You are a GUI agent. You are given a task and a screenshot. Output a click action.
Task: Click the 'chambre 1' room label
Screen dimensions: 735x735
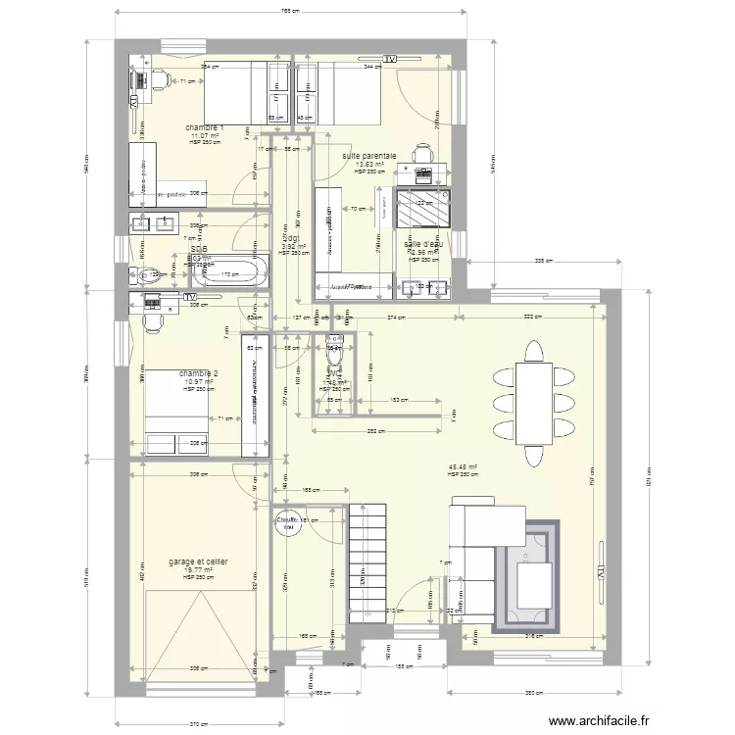tap(206, 128)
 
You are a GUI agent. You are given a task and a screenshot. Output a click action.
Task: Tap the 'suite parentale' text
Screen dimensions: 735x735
tap(368, 156)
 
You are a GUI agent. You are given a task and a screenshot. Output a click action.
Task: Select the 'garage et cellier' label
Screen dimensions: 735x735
tap(198, 562)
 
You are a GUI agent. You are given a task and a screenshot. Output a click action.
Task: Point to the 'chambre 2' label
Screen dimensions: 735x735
tap(198, 373)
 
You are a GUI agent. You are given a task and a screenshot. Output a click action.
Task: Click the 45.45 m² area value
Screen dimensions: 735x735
tap(463, 467)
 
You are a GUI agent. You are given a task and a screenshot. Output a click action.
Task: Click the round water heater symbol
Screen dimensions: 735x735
tap(288, 526)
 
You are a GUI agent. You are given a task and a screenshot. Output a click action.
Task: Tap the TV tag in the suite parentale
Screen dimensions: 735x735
tap(391, 60)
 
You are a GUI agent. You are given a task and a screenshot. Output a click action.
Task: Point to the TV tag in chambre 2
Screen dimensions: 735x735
tap(189, 297)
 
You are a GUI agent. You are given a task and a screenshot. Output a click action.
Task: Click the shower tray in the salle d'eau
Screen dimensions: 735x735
tap(423, 208)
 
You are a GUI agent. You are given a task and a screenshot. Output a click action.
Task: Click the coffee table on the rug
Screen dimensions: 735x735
tap(534, 586)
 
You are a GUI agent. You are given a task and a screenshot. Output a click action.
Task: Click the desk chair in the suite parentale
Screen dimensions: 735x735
tap(423, 154)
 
